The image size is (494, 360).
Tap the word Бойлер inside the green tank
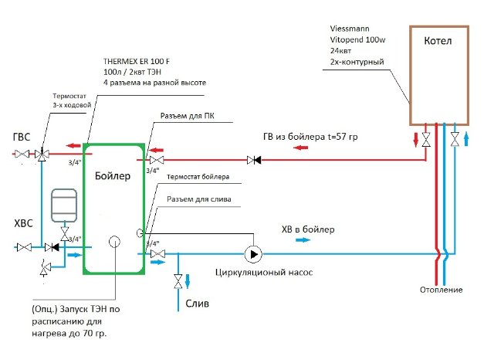pos(113,176)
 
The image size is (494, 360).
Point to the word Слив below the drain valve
pos(197,304)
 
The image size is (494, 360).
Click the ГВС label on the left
pos(22,137)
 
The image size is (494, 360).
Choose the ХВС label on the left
pos(23,223)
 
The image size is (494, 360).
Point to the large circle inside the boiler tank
pos(113,242)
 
